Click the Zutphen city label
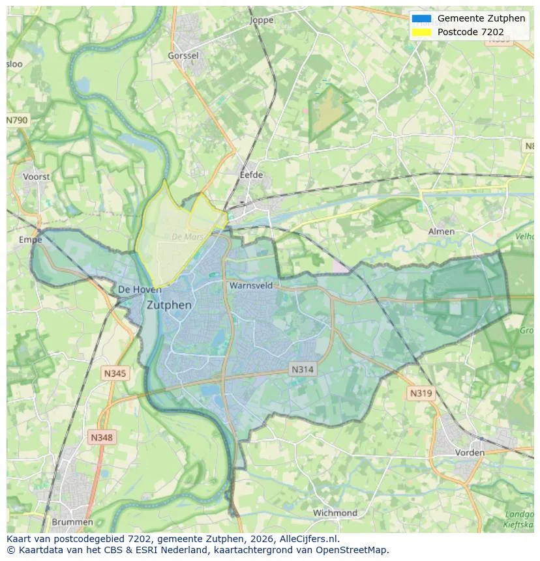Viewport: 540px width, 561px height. tap(169, 305)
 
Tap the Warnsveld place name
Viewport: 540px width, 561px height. tap(250, 285)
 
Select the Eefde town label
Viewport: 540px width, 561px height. tap(251, 175)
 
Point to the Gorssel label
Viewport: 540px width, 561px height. tap(183, 56)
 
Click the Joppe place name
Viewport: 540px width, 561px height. tap(262, 20)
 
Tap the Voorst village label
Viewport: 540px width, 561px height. tap(36, 177)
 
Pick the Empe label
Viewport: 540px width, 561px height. tap(30, 240)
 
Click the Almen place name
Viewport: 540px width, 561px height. tap(441, 231)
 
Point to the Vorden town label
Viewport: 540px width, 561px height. tap(470, 452)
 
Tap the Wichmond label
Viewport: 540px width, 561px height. tap(335, 513)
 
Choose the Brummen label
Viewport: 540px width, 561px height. tap(72, 522)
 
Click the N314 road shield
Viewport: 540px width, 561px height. tap(303, 369)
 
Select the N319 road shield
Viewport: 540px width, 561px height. tap(421, 393)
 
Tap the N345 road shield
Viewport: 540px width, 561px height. tap(115, 373)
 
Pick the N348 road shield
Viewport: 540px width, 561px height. tap(102, 437)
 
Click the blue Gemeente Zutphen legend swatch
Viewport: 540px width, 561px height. tap(421, 18)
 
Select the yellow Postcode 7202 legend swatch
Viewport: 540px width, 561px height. tap(421, 32)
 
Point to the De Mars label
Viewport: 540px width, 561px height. tap(188, 237)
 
